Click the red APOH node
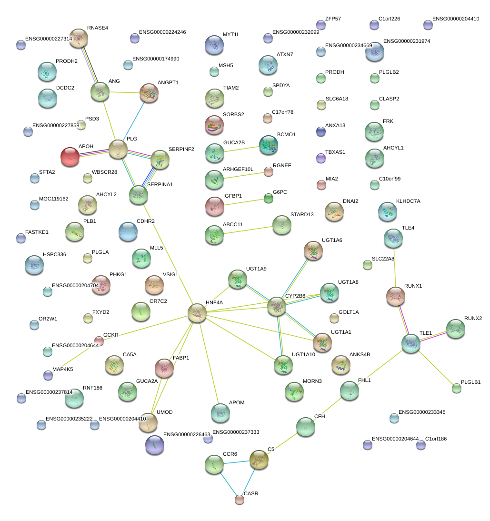pos(70,157)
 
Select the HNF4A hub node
pos(197,313)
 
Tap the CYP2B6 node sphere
pos(276,306)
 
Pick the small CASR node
pos(240,500)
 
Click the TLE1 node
pos(411,343)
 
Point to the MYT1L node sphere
pos(214,45)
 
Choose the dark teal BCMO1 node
pos(269,145)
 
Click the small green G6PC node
pos(269,199)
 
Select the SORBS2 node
pos(214,125)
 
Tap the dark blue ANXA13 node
pos(321,131)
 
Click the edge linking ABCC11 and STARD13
pos(248,230)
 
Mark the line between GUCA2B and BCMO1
pos(241,149)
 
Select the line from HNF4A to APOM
pos(209,362)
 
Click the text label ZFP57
pos(333,19)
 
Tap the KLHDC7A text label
pos(408,201)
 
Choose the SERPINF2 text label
pos(181,149)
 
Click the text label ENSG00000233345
pos(422,412)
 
